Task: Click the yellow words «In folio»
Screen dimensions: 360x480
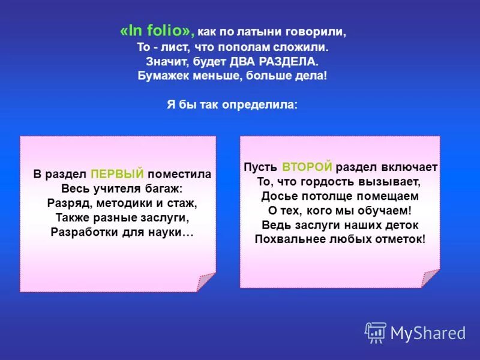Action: click(157, 31)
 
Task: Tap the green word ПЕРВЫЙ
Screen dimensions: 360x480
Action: click(117, 174)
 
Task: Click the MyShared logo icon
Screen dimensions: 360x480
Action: click(376, 332)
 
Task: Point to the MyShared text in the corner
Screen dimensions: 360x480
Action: click(428, 333)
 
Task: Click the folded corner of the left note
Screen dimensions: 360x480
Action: click(206, 282)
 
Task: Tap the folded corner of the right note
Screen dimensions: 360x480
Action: click(430, 278)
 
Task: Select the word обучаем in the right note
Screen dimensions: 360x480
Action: click(383, 210)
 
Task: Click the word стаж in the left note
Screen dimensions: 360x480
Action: click(183, 203)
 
